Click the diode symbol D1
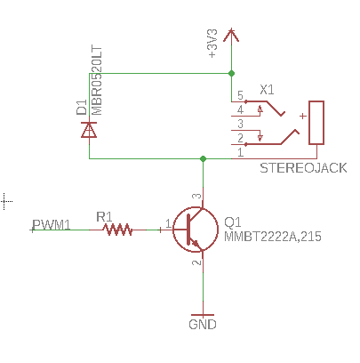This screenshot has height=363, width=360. click(89, 130)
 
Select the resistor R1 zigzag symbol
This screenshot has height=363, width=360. click(117, 230)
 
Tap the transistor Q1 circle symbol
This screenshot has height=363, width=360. click(196, 230)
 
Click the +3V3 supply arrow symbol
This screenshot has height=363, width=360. click(231, 35)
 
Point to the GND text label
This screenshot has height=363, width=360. click(203, 324)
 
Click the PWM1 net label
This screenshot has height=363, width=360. click(52, 225)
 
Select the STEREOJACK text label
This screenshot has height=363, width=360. click(303, 168)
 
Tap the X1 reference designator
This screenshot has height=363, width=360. click(267, 90)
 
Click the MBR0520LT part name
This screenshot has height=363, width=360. click(97, 80)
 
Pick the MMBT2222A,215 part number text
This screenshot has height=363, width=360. click(273, 237)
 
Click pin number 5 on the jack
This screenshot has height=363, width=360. click(240, 95)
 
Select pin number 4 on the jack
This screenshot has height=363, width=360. click(240, 109)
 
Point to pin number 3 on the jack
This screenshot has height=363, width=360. click(240, 124)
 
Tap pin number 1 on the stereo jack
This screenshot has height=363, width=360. click(240, 152)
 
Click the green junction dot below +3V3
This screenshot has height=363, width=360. click(231, 73)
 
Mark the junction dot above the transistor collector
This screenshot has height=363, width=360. click(203, 158)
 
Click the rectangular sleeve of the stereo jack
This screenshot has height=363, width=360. click(316, 123)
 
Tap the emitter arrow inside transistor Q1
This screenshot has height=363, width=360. click(196, 243)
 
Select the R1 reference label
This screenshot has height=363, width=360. click(104, 217)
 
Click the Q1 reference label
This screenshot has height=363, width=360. click(233, 222)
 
